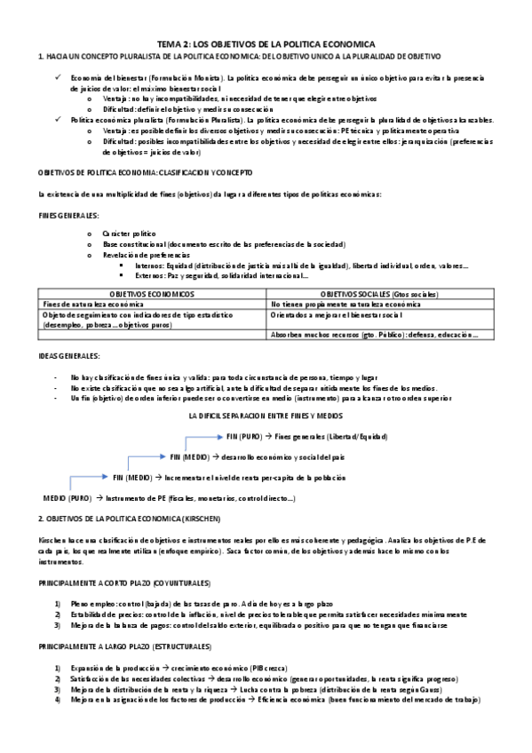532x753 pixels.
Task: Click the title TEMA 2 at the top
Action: pyautogui.click(x=266, y=44)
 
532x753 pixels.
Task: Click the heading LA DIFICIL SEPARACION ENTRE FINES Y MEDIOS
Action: pyautogui.click(x=266, y=416)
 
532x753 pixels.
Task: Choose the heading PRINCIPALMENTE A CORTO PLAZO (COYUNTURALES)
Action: pyautogui.click(x=123, y=583)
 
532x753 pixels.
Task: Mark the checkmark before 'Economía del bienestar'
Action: pyautogui.click(x=57, y=78)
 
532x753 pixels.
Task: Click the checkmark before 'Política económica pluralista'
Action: pyautogui.click(x=57, y=118)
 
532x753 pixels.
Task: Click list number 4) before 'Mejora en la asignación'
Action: pyautogui.click(x=57, y=700)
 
